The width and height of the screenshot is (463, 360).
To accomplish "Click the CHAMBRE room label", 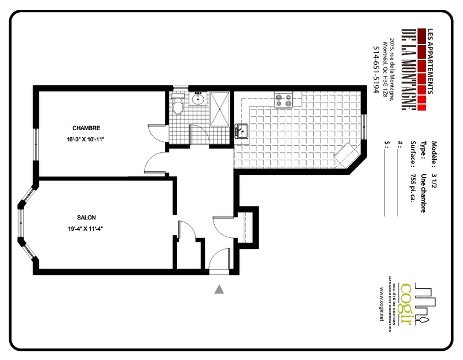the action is (86, 128).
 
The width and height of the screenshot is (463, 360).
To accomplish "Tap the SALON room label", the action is (86, 218).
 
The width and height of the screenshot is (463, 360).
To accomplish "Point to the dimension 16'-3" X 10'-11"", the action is (86, 139).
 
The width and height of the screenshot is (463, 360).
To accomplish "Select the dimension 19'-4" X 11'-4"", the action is (85, 229).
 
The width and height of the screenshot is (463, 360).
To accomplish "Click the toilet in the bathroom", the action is (178, 105).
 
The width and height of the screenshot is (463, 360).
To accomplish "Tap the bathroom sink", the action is (198, 98).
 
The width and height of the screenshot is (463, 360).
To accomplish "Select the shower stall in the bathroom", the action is (220, 109).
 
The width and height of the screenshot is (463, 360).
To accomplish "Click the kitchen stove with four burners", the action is (284, 100).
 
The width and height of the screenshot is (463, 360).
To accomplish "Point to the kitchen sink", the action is (241, 131).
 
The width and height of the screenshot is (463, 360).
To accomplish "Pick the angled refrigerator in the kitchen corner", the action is (347, 155).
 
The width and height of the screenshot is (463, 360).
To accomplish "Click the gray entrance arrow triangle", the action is (219, 289).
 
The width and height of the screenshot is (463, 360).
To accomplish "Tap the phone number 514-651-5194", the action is (376, 69).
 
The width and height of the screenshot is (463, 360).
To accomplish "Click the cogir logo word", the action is (406, 304).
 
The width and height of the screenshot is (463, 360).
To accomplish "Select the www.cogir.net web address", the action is (382, 304).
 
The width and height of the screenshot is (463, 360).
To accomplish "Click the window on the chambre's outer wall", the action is (36, 145).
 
